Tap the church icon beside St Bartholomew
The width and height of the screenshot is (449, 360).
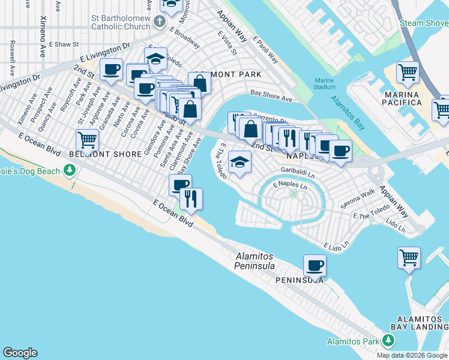[159, 22]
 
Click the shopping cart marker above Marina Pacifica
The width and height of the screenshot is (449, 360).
[408, 72]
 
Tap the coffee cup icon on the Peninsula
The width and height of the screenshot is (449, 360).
[315, 265]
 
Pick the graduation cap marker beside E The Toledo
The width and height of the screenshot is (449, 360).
[240, 162]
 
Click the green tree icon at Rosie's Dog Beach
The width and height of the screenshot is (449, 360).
[70, 172]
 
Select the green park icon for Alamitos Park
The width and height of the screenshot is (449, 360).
[388, 341]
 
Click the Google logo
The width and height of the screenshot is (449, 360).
[20, 353]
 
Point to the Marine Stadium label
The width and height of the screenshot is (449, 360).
[324, 84]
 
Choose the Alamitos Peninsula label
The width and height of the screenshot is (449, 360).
[255, 262]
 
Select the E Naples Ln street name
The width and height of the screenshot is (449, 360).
[290, 185]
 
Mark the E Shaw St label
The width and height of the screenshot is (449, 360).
[64, 44]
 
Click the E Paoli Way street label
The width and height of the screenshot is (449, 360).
[265, 50]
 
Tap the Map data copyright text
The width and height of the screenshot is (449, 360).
[412, 355]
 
